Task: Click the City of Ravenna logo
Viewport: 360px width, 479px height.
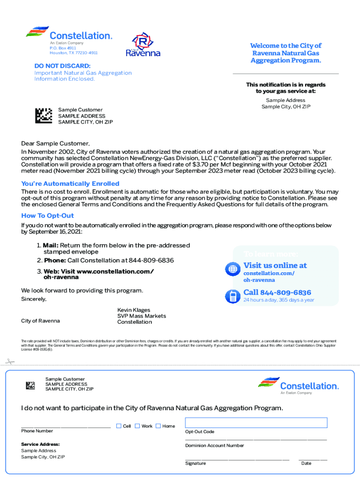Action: click(x=143, y=45)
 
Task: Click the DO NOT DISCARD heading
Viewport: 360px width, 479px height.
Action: click(x=62, y=66)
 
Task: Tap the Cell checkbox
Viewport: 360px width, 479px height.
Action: click(x=119, y=426)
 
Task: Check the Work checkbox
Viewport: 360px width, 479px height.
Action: click(x=137, y=426)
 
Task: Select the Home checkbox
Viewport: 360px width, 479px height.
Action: click(x=158, y=426)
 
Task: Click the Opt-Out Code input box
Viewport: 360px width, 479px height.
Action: click(x=256, y=423)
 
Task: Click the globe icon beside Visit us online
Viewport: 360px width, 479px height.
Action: click(x=232, y=269)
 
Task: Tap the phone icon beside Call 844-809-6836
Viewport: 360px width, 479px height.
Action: click(x=232, y=296)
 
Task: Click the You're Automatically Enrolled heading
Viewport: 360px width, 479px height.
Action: click(x=70, y=184)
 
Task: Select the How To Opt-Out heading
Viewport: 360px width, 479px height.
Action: click(x=47, y=216)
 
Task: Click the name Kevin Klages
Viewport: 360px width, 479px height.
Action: click(x=134, y=310)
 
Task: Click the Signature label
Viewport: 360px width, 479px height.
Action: click(x=195, y=463)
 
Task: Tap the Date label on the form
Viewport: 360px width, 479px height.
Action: click(x=306, y=463)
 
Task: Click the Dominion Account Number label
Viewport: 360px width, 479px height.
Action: click(x=214, y=445)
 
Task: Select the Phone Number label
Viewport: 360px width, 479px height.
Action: click(x=37, y=431)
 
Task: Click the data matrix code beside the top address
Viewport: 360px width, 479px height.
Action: click(x=43, y=116)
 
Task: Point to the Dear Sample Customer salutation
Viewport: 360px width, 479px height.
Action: click(x=55, y=143)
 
